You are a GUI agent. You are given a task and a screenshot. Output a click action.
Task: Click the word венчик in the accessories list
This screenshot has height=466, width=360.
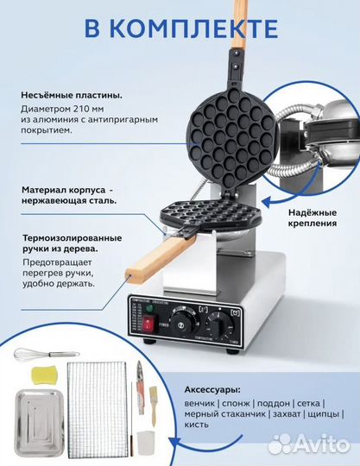(x=202, y=405)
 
